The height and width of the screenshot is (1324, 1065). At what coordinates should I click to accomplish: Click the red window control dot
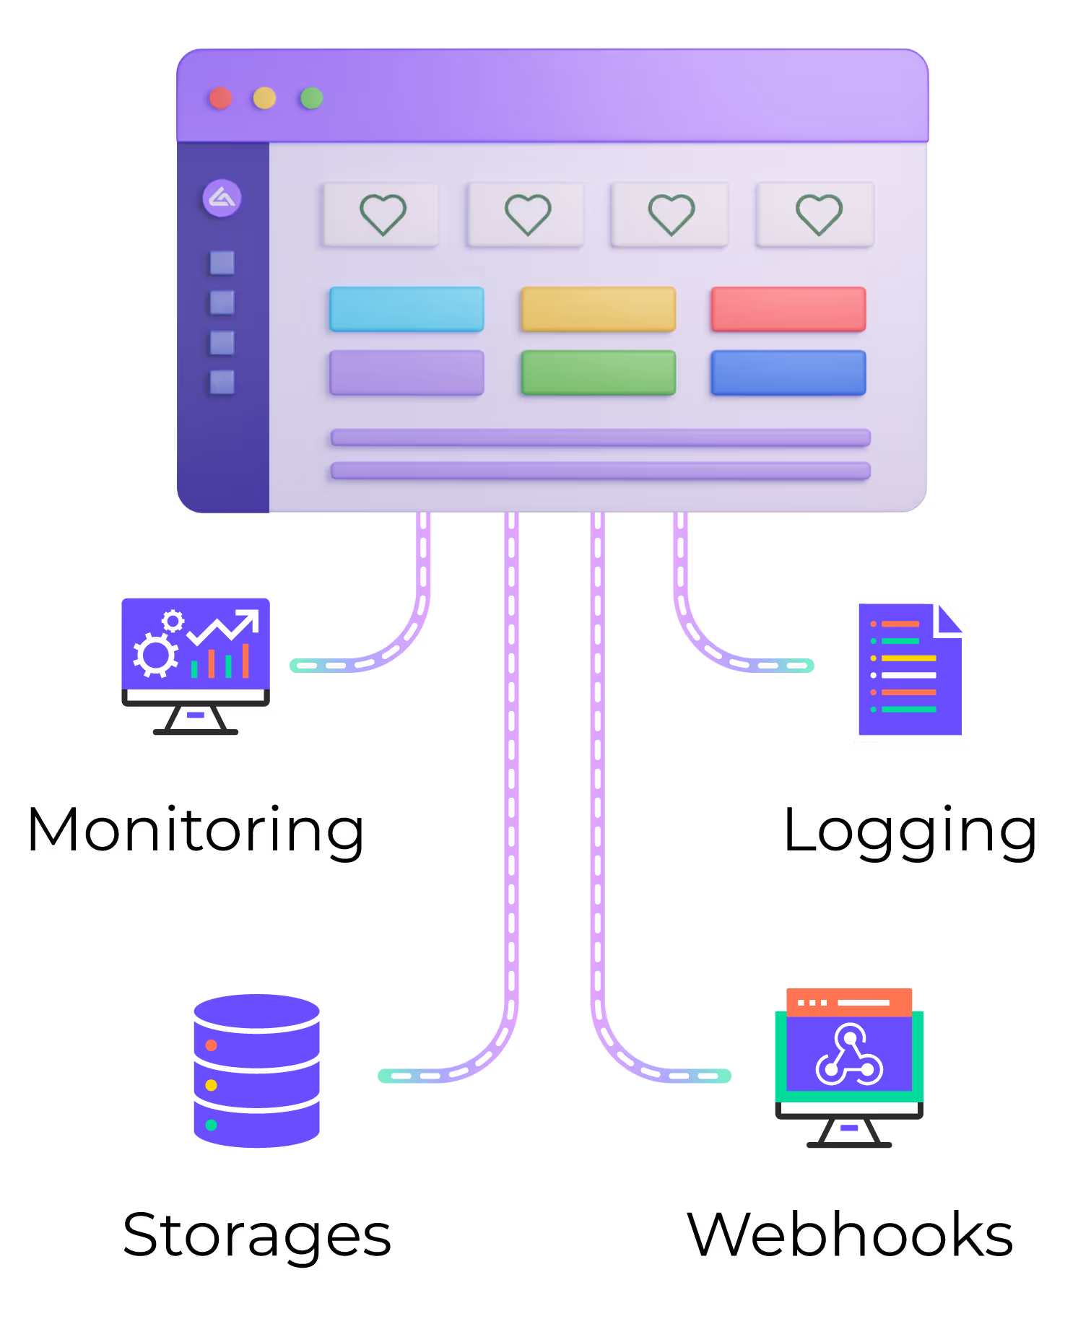tap(220, 98)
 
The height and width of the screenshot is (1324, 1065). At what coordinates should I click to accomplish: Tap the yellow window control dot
tap(264, 98)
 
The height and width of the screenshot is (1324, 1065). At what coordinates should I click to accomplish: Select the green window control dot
tap(312, 98)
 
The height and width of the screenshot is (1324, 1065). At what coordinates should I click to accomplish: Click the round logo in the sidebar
tap(222, 198)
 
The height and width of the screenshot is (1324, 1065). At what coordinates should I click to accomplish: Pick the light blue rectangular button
tap(407, 309)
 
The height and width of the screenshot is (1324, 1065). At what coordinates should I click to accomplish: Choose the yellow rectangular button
tap(598, 309)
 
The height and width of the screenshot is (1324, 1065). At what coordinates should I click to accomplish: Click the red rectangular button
tap(788, 309)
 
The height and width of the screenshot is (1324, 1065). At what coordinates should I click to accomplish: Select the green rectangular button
tap(598, 373)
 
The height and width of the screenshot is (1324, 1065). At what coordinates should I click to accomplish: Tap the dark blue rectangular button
tap(788, 373)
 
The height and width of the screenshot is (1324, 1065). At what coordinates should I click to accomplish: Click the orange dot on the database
tap(211, 1045)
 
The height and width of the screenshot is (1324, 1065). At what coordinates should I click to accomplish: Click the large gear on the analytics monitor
tap(155, 655)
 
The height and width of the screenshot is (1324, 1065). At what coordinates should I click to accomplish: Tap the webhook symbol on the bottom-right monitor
tap(849, 1055)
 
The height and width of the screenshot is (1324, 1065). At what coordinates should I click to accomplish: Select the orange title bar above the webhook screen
tap(849, 1002)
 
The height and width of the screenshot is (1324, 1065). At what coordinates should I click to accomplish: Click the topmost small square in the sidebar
tap(222, 263)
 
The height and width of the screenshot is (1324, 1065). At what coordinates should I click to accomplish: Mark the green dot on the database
tap(211, 1125)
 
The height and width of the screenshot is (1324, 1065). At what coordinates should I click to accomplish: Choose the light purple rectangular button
tap(407, 373)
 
